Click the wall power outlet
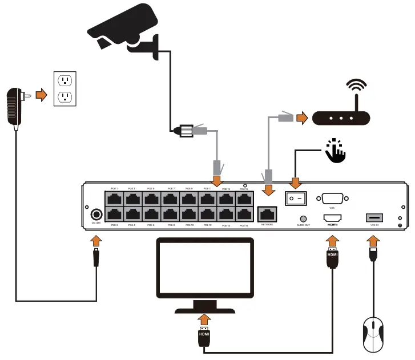click(x=65, y=88)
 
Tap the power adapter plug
click(x=15, y=107)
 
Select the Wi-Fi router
click(x=341, y=118)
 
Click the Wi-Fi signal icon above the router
click(x=357, y=89)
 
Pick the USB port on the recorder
click(x=373, y=218)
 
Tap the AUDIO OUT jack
click(x=303, y=219)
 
